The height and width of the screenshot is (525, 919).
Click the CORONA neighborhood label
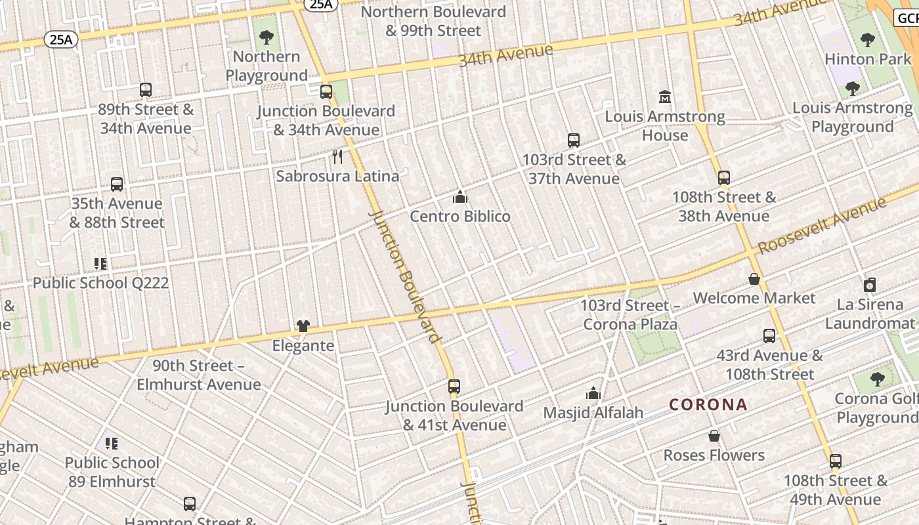click(708, 404)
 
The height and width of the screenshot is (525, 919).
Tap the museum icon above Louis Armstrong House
click(664, 97)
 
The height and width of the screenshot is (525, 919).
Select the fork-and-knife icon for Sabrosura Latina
click(337, 156)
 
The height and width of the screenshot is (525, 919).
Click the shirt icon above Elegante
click(303, 325)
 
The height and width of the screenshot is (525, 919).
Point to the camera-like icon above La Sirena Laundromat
click(870, 285)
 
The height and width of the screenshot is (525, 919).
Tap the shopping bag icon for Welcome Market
click(754, 279)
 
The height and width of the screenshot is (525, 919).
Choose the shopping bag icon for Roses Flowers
click(714, 436)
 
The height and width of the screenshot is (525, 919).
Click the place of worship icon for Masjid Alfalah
click(593, 393)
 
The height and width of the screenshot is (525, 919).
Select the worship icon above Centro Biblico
click(460, 197)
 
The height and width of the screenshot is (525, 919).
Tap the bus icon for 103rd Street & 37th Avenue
click(574, 140)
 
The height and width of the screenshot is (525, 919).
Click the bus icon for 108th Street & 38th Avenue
click(724, 178)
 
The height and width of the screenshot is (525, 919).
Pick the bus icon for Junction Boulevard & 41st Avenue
click(454, 387)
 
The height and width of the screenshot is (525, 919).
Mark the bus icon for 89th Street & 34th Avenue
click(146, 90)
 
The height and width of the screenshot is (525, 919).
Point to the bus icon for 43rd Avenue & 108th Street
click(769, 337)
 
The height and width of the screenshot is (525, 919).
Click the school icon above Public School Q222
click(100, 264)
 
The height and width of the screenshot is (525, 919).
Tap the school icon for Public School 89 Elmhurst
click(112, 444)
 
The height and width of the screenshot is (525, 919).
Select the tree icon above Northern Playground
click(267, 37)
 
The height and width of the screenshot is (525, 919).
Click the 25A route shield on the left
click(61, 40)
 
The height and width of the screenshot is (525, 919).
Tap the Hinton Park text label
click(868, 59)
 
